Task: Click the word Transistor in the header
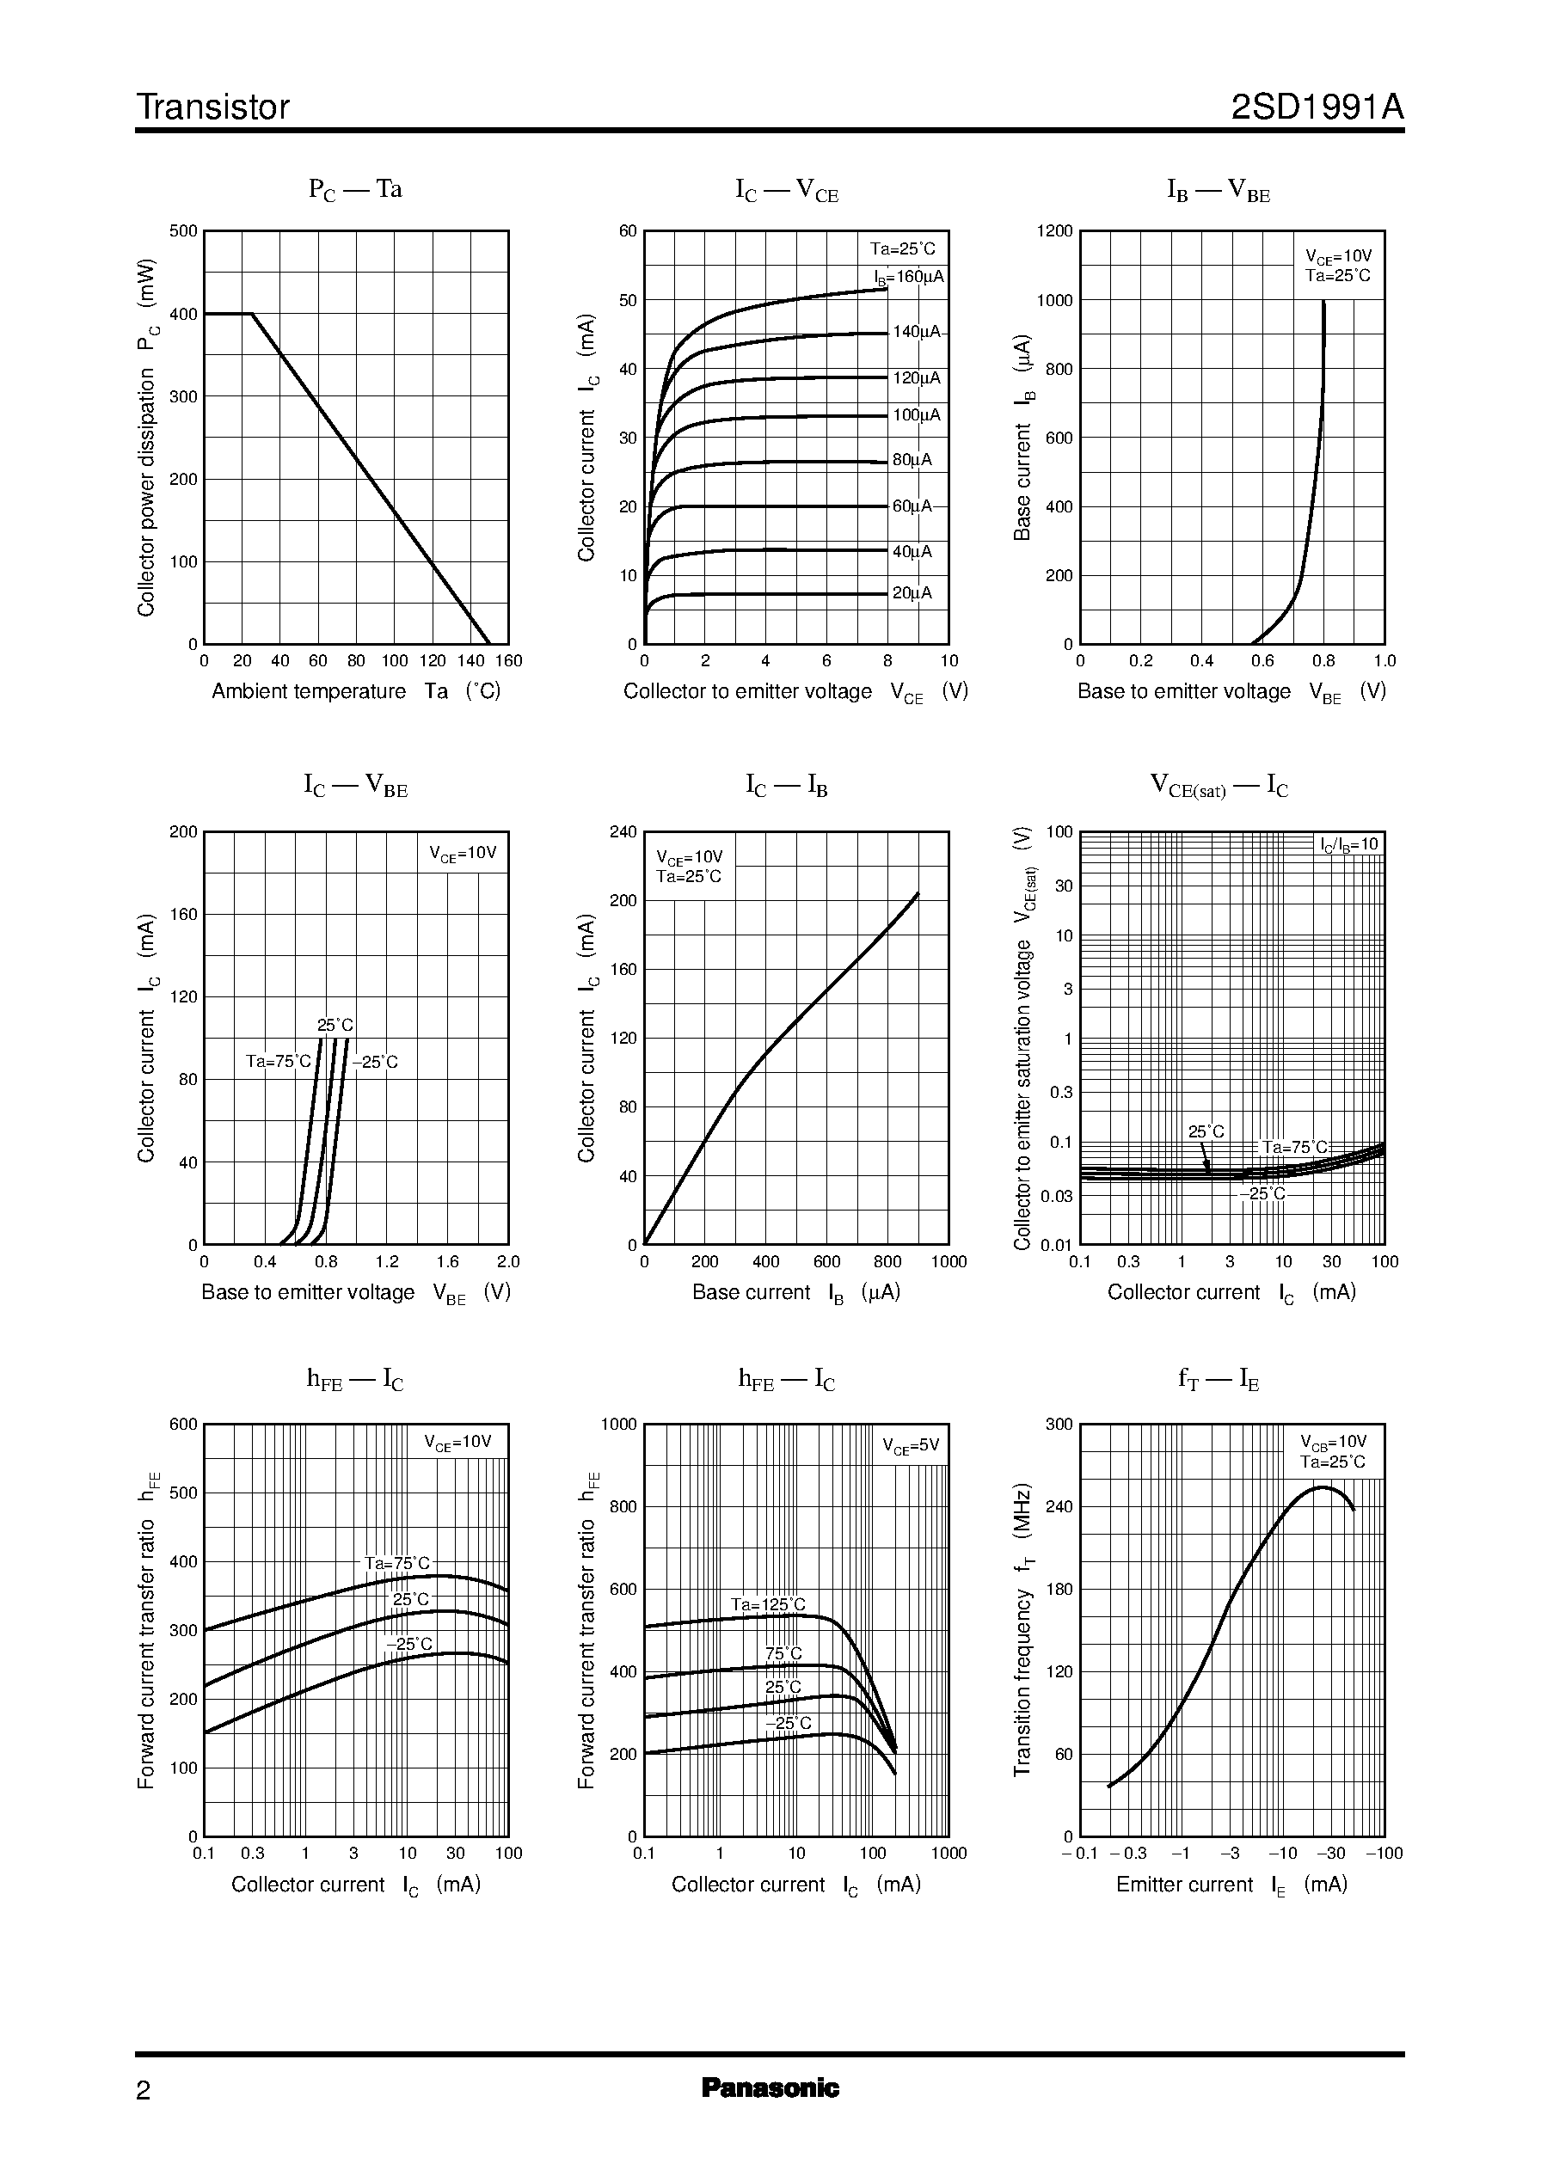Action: tap(212, 107)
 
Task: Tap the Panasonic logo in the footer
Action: tap(770, 2087)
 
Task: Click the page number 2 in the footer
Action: tap(144, 2090)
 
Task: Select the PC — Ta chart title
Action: tap(355, 190)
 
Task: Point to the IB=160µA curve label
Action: tap(908, 277)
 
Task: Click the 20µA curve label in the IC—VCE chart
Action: tap(912, 593)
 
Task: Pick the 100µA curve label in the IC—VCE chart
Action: tap(916, 414)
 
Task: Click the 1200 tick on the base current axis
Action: tap(1054, 231)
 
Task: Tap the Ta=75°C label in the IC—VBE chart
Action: tap(278, 1062)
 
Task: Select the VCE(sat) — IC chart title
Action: tap(1219, 787)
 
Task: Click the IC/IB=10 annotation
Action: tap(1348, 845)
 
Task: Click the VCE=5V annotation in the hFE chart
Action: tap(910, 1445)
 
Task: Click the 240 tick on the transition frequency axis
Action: tap(1058, 1506)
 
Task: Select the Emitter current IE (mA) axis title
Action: tap(1231, 1885)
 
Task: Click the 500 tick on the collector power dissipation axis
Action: tap(183, 231)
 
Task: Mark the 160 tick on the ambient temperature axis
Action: tap(508, 661)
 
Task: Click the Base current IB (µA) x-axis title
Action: tap(795, 1293)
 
